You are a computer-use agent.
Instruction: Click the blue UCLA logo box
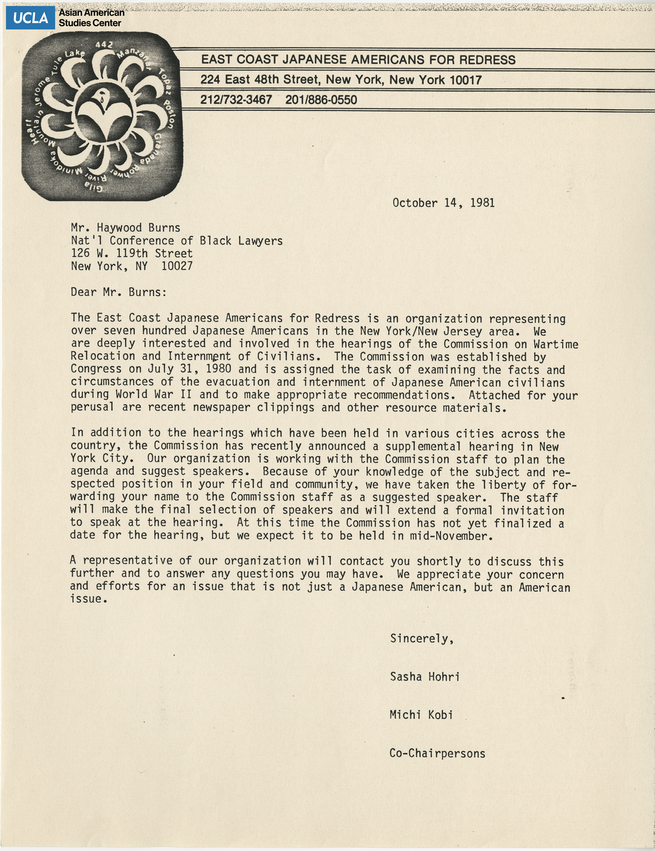click(x=30, y=18)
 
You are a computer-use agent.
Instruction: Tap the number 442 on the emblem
click(x=104, y=45)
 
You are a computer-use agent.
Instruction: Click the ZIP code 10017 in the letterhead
click(x=466, y=80)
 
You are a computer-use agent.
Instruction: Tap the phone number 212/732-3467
click(x=236, y=100)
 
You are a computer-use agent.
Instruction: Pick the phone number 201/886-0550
click(x=321, y=100)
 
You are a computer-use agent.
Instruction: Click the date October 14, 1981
click(x=443, y=203)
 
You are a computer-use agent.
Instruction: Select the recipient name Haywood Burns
click(x=138, y=227)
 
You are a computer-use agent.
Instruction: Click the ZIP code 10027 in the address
click(x=177, y=266)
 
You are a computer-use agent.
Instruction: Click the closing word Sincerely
click(x=422, y=638)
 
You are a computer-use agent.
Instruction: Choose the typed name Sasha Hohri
click(x=425, y=677)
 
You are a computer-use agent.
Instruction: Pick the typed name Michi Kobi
click(x=421, y=715)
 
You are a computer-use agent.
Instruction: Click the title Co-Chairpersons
click(x=437, y=753)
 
